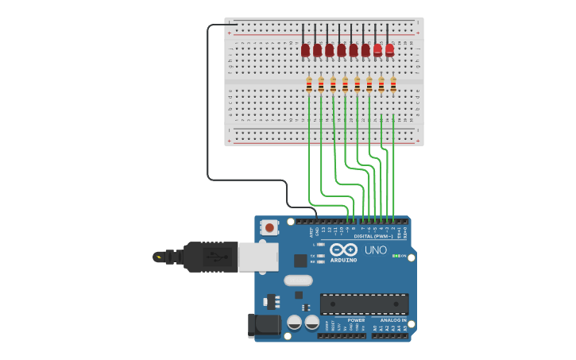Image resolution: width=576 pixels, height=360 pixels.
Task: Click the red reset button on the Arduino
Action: (x=269, y=227)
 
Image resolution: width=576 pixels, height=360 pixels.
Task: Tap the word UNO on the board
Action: (x=375, y=250)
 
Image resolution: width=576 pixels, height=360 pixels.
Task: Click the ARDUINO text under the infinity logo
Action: (x=344, y=260)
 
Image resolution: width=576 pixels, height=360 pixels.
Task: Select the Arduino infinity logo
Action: (x=344, y=250)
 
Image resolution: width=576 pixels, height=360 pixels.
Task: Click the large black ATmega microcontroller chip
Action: (x=364, y=304)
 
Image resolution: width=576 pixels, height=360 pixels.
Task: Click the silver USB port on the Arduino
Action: (x=258, y=257)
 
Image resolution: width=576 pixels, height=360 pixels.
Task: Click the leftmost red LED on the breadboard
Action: (x=305, y=50)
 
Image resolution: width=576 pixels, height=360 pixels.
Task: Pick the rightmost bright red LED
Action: (x=389, y=50)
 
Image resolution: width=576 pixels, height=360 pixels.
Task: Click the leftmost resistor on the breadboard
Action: (x=309, y=84)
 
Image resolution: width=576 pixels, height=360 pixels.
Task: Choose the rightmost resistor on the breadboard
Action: (x=393, y=84)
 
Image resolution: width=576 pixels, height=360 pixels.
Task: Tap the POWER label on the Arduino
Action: (x=356, y=320)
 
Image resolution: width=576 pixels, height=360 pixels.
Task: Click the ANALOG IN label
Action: (x=392, y=320)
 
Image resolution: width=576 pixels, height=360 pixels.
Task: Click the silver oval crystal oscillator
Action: (x=298, y=280)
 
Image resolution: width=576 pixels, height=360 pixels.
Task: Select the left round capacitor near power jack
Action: (x=294, y=322)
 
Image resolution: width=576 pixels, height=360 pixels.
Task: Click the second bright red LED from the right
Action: (x=377, y=50)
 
